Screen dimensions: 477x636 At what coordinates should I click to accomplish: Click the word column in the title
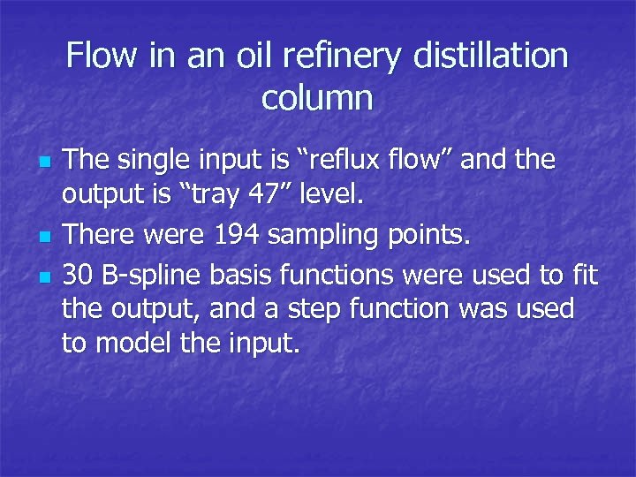[317, 98]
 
